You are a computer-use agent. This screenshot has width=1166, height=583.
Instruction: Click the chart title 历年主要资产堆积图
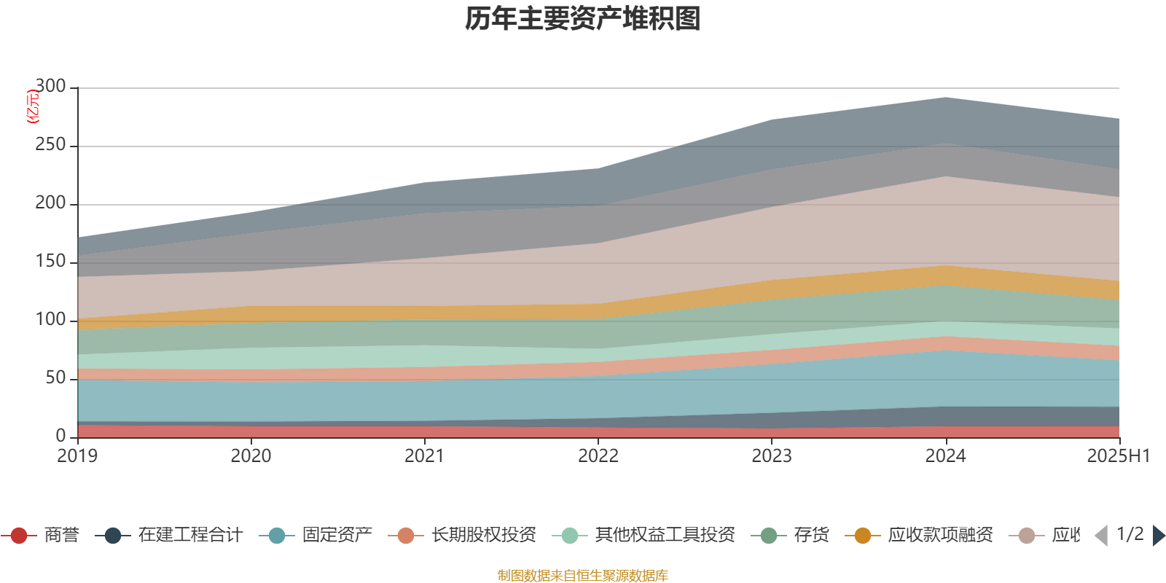[x=583, y=19]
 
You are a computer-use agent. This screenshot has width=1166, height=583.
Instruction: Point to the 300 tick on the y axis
[x=50, y=87]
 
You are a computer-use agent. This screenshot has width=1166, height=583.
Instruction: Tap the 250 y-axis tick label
[x=50, y=145]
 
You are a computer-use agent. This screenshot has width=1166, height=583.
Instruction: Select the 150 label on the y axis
[x=50, y=262]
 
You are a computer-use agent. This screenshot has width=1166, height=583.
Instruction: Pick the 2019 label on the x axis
[x=77, y=456]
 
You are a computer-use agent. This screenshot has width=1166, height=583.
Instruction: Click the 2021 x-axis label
[x=424, y=456]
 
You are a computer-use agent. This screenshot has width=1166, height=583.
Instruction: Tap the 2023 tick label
[x=772, y=456]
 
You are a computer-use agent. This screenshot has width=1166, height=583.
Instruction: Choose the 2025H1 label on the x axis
[x=1117, y=456]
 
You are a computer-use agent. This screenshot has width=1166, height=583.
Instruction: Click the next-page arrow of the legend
[x=1158, y=536]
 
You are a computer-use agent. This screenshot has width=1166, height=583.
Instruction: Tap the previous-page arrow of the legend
[x=1101, y=536]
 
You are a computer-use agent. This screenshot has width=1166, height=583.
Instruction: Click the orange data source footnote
[x=582, y=576]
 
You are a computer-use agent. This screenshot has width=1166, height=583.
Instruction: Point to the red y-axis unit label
[x=32, y=107]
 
